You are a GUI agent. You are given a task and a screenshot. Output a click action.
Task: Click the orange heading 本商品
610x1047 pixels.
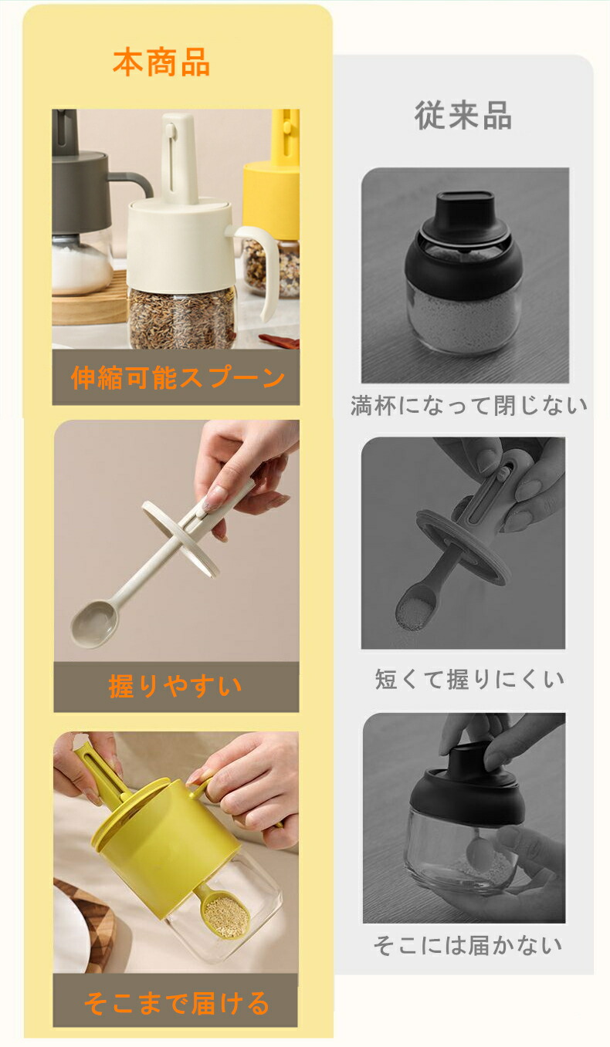point(161,62)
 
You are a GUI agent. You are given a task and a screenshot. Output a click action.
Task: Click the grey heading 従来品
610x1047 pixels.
point(463,115)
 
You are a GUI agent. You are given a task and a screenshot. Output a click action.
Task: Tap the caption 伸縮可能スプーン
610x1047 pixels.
point(178,377)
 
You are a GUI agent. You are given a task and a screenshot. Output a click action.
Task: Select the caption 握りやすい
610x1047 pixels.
point(175,686)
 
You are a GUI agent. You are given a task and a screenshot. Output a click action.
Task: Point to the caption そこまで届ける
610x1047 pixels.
point(176,1005)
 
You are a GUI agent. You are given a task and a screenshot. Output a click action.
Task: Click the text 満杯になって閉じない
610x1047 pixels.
point(469,405)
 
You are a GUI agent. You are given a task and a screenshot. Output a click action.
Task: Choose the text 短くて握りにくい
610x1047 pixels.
point(469,679)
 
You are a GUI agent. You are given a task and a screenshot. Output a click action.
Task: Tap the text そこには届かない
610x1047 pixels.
point(467,944)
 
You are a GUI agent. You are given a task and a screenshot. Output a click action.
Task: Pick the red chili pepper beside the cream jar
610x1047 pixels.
point(280,341)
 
